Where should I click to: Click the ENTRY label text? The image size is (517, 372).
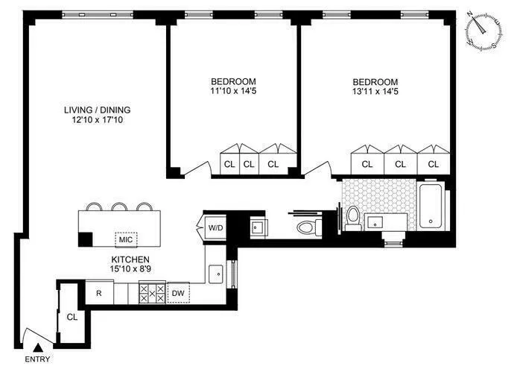pyautogui.click(x=39, y=359)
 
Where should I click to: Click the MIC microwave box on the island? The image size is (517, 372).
pyautogui.click(x=125, y=239)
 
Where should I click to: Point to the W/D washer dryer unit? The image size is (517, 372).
pyautogui.click(x=215, y=227)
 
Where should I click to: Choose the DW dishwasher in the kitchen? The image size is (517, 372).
pyautogui.click(x=178, y=293)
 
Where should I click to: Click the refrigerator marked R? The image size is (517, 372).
pyautogui.click(x=98, y=293)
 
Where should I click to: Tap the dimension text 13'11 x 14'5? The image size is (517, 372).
pyautogui.click(x=375, y=92)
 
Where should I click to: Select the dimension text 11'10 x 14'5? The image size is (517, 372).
pyautogui.click(x=233, y=92)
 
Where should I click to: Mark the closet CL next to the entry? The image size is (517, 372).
pyautogui.click(x=71, y=317)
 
